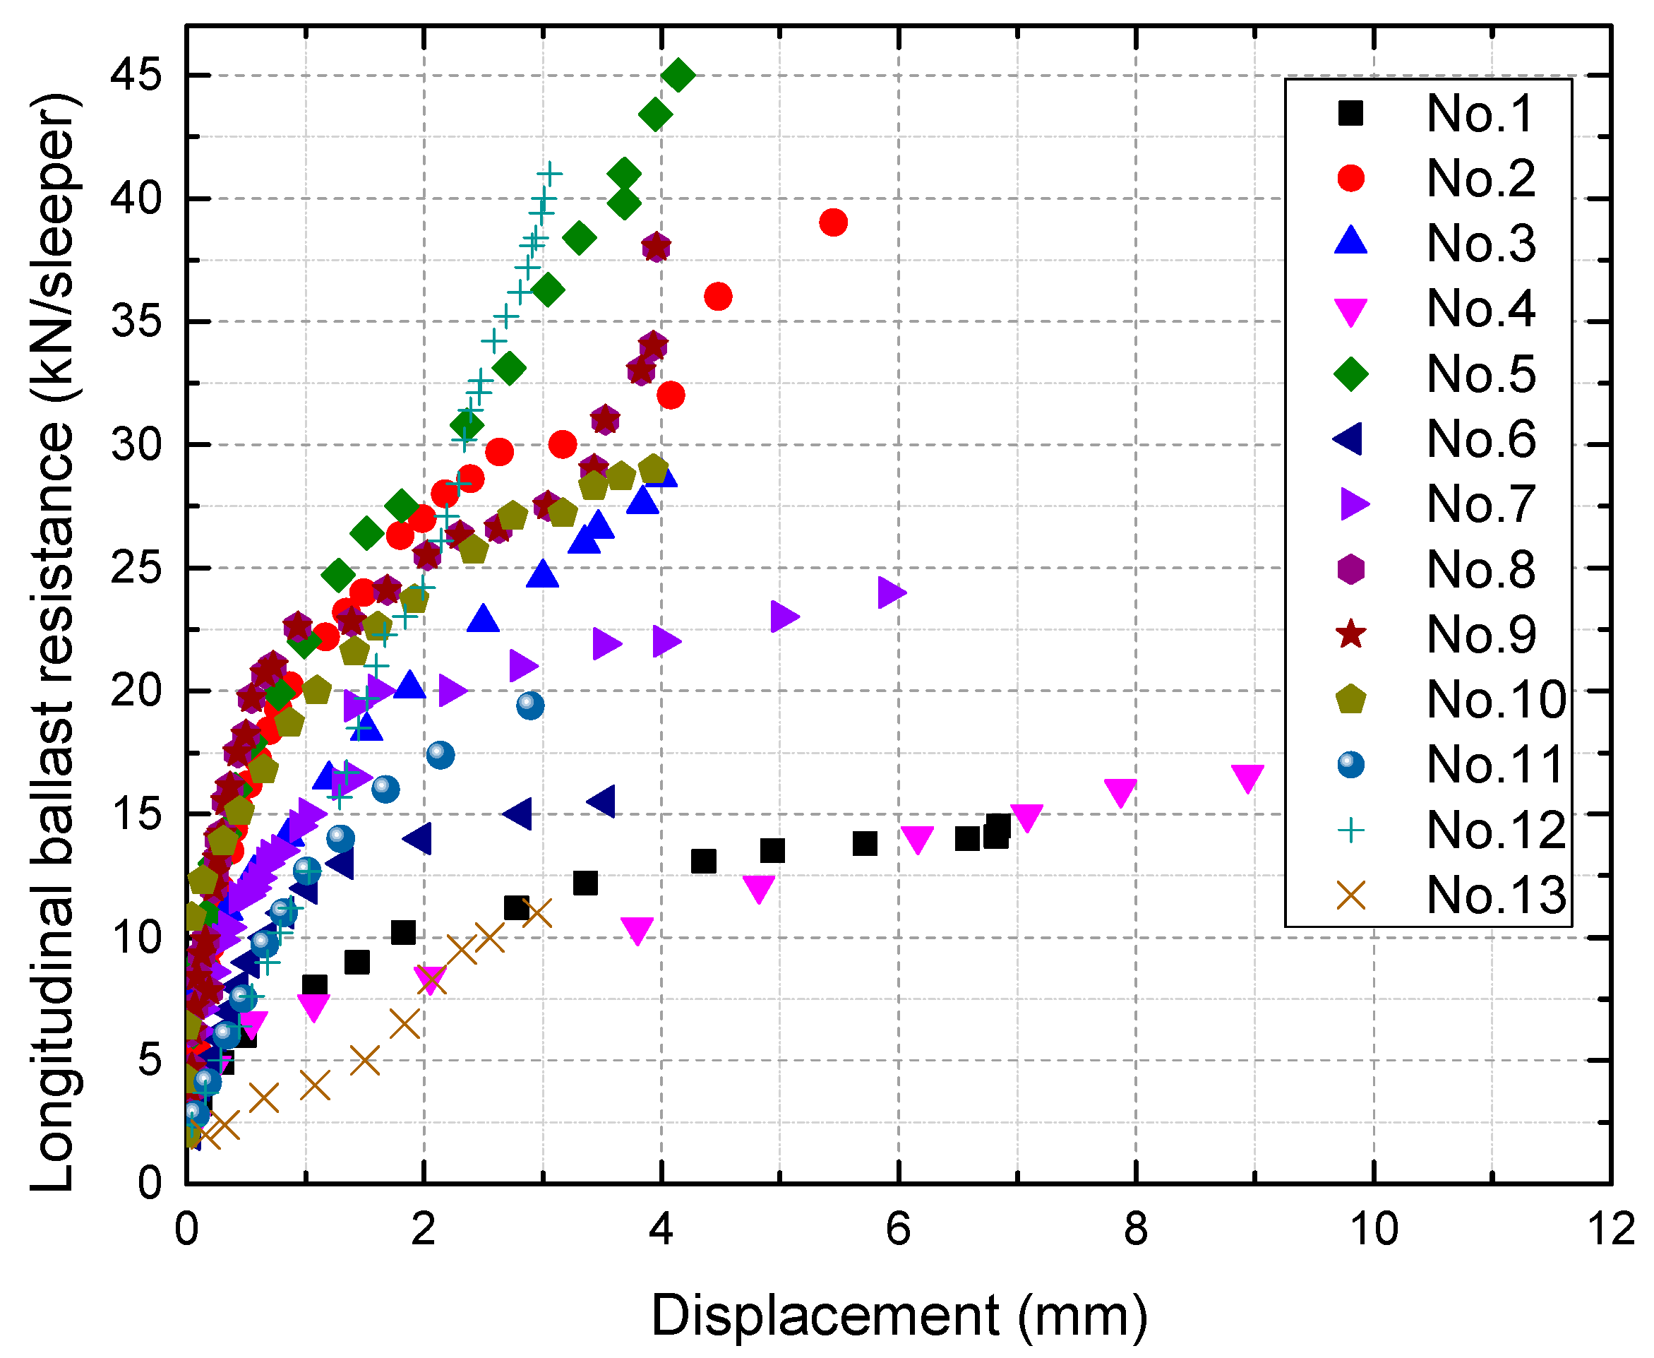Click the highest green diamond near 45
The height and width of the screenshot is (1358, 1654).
tap(677, 75)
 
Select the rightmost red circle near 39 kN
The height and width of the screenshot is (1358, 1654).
tap(833, 222)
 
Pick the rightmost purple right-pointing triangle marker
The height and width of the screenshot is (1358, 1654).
tap(891, 592)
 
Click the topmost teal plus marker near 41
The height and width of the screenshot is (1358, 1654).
tap(549, 174)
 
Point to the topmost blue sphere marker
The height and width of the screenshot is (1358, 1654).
tap(529, 705)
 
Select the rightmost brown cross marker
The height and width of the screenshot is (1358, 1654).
tap(537, 912)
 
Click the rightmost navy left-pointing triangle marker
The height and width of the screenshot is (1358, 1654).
tap(601, 801)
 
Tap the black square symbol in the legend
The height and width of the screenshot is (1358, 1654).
tap(1350, 114)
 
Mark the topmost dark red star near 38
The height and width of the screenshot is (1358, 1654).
tap(656, 248)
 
